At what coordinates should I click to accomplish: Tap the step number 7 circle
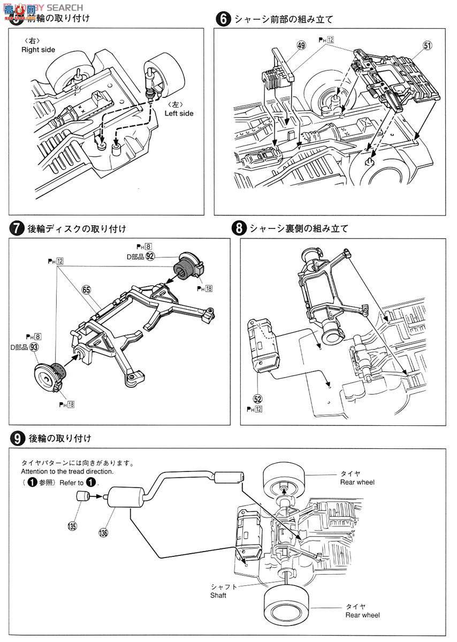tap(17, 228)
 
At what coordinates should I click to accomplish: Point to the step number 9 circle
tap(17, 438)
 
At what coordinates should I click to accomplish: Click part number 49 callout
tap(301, 46)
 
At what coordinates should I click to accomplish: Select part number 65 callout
tap(87, 289)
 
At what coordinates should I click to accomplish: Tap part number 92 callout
tap(150, 256)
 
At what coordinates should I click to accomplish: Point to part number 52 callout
tap(258, 399)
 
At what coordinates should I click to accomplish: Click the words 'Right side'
tap(38, 50)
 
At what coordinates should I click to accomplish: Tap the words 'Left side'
tap(179, 113)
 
